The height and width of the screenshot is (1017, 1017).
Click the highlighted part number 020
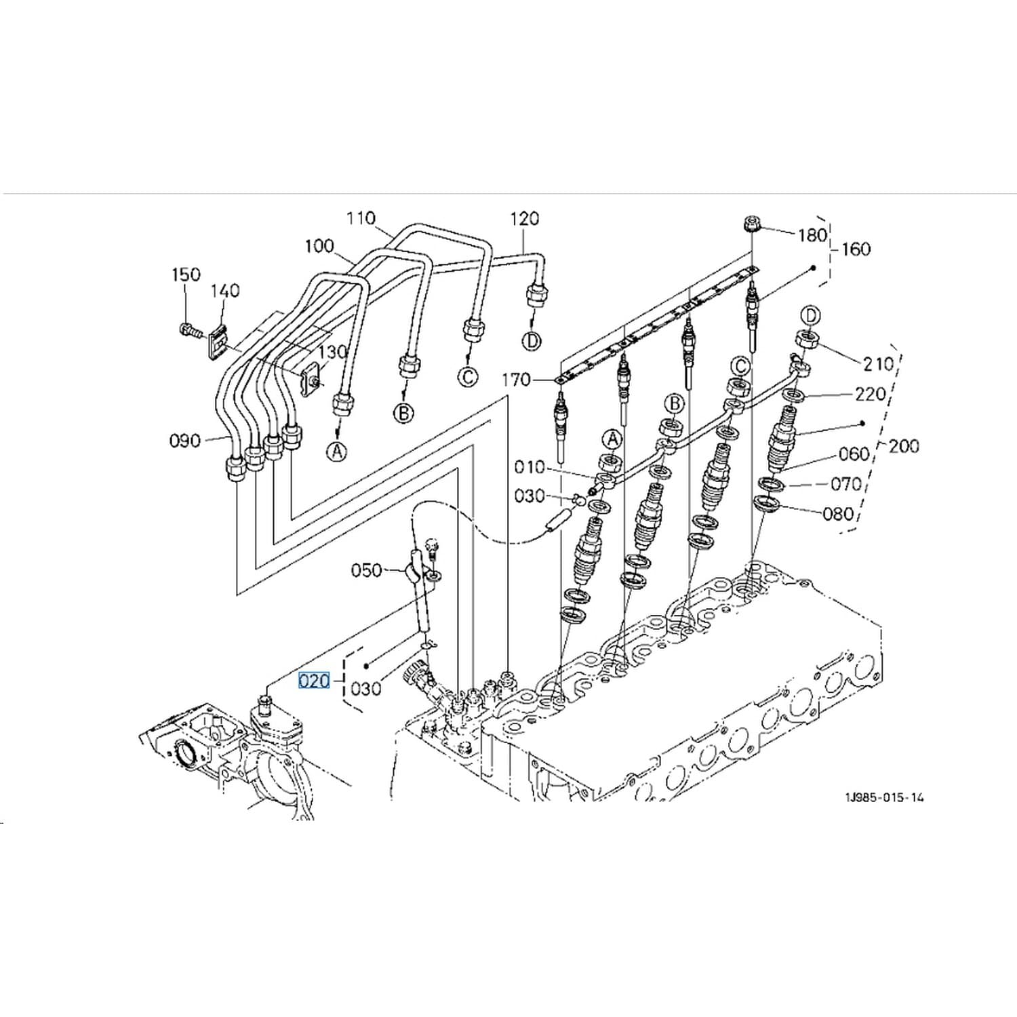click(x=315, y=680)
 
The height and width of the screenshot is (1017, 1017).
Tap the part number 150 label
click(x=186, y=275)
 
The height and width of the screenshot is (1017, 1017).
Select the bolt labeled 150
click(x=190, y=332)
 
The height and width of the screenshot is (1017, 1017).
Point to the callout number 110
click(x=361, y=218)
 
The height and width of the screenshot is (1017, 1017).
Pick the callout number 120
click(x=525, y=218)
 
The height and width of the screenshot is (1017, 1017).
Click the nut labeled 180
click(x=752, y=223)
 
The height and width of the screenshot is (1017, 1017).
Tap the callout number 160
click(x=856, y=250)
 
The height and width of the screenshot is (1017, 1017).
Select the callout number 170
click(x=516, y=380)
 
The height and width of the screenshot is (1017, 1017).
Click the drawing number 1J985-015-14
click(x=884, y=797)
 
